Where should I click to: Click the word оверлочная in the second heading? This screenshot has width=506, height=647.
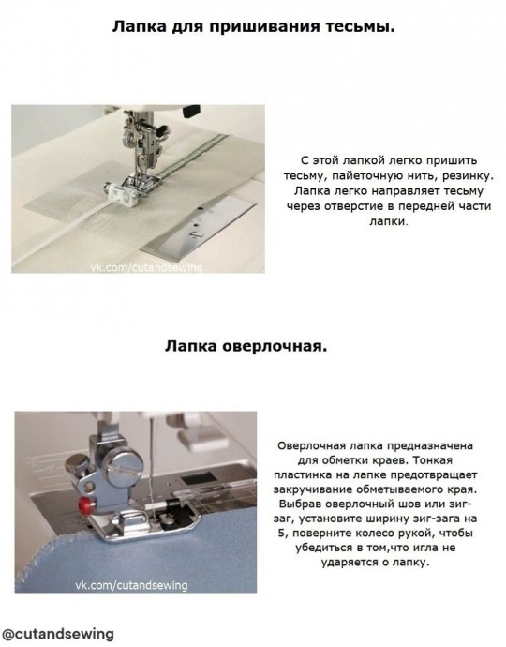tap(275, 346)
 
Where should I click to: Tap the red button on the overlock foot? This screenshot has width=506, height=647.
tap(86, 504)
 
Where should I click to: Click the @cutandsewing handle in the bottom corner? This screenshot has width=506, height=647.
tap(58, 633)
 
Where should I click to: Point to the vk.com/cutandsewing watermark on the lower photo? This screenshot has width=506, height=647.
tap(131, 585)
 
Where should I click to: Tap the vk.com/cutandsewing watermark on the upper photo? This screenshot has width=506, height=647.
tap(147, 268)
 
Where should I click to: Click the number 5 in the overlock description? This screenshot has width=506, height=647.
tap(281, 534)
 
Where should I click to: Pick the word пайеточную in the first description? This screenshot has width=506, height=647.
tap(369, 175)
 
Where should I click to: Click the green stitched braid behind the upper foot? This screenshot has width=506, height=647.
tap(193, 158)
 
